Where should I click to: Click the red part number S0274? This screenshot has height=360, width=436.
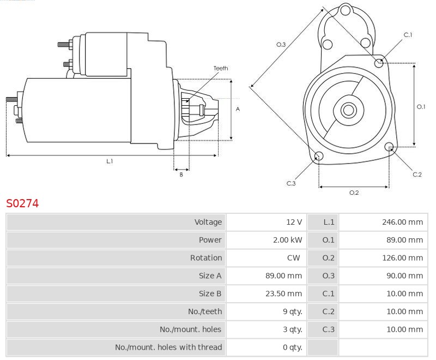point(22,204)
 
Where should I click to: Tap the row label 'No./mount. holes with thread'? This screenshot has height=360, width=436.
point(168,347)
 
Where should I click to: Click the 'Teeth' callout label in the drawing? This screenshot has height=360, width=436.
point(221,68)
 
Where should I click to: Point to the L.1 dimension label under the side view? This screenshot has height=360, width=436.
point(110,161)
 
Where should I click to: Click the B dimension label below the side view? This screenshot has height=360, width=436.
point(181,175)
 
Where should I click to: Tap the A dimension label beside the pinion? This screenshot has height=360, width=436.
point(238,109)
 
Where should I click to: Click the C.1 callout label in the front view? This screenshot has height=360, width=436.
point(408,35)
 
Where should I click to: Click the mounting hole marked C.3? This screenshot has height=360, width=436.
point(319,157)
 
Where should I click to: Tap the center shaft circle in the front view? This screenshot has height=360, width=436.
point(348,110)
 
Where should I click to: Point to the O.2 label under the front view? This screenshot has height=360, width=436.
point(354,192)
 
